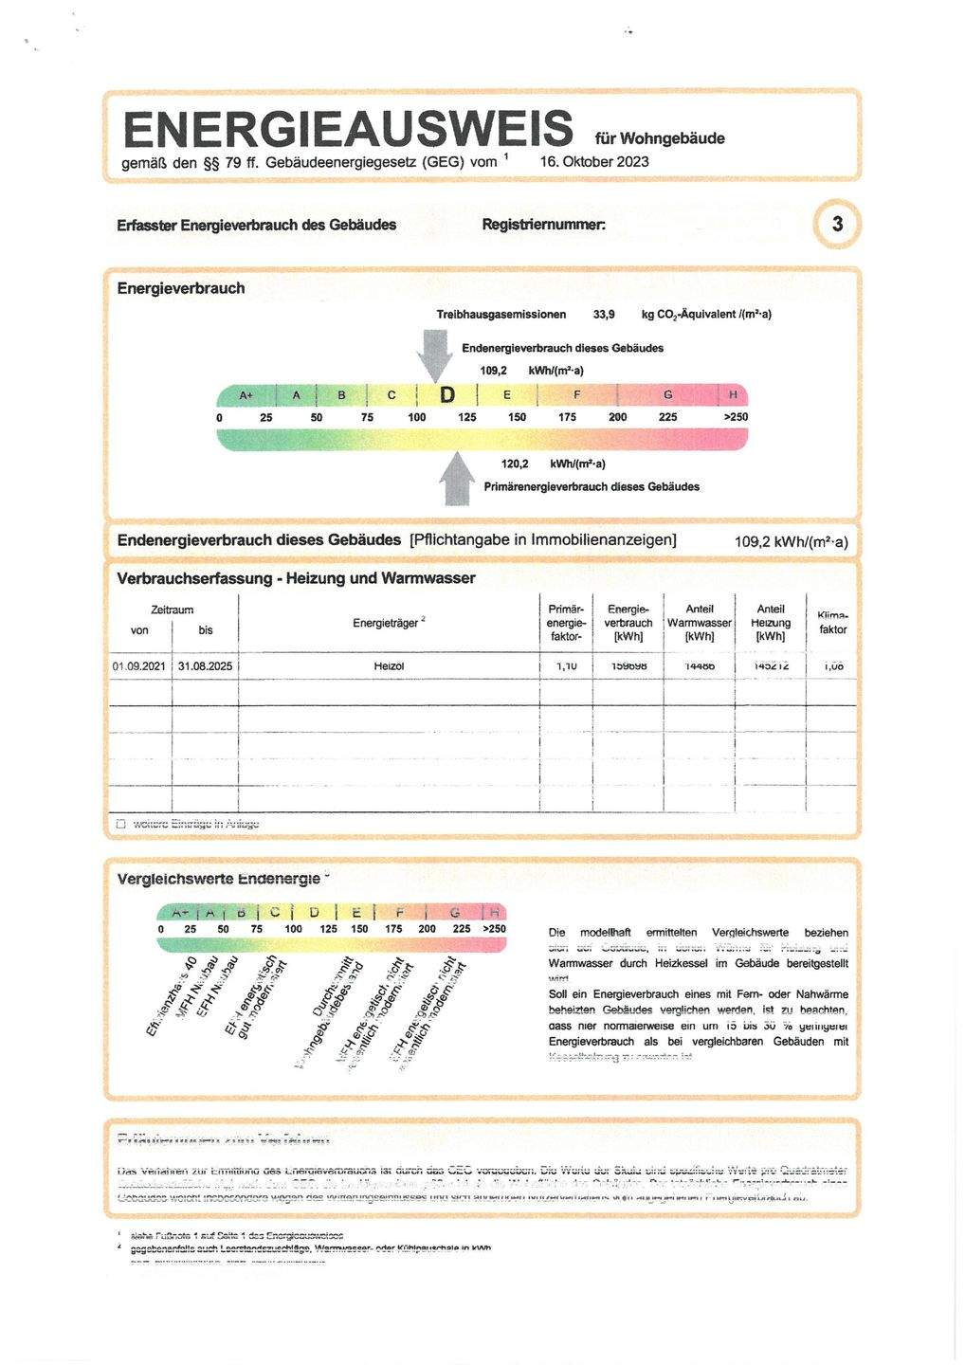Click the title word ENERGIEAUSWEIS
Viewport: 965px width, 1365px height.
(347, 129)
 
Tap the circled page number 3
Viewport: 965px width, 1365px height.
(837, 225)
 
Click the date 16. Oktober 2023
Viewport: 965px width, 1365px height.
(594, 161)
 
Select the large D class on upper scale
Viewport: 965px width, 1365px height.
(446, 395)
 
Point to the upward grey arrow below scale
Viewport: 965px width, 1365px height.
(458, 478)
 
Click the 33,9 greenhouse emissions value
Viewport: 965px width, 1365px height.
(604, 314)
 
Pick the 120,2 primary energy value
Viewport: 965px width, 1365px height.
(515, 464)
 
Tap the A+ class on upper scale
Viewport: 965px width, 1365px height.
(246, 395)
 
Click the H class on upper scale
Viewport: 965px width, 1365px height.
(733, 395)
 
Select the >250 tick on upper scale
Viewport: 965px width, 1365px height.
(736, 417)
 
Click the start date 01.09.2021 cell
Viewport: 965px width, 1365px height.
(139, 666)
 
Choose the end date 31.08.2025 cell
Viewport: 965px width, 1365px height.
(205, 666)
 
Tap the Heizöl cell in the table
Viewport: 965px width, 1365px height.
(389, 666)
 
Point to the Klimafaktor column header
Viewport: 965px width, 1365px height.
(832, 623)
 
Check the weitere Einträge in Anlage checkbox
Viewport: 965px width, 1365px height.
(120, 824)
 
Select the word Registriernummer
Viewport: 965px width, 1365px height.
(543, 225)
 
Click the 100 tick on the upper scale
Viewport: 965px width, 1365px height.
(417, 417)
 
